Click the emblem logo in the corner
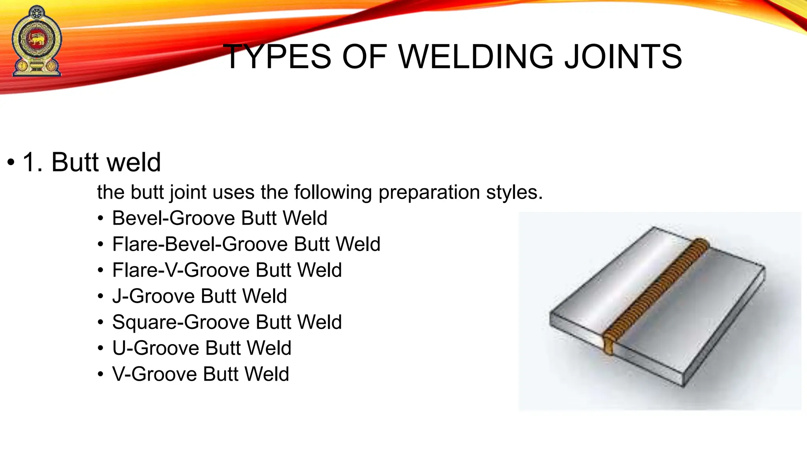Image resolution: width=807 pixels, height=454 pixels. (x=37, y=41)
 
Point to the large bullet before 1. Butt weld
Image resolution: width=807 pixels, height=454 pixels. (x=11, y=162)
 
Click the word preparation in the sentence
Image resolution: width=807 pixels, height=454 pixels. (x=429, y=192)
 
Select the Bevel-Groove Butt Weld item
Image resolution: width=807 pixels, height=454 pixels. (x=219, y=218)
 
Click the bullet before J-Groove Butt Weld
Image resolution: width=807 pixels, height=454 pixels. (x=101, y=296)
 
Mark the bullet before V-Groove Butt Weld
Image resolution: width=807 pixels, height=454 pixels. (x=101, y=374)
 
